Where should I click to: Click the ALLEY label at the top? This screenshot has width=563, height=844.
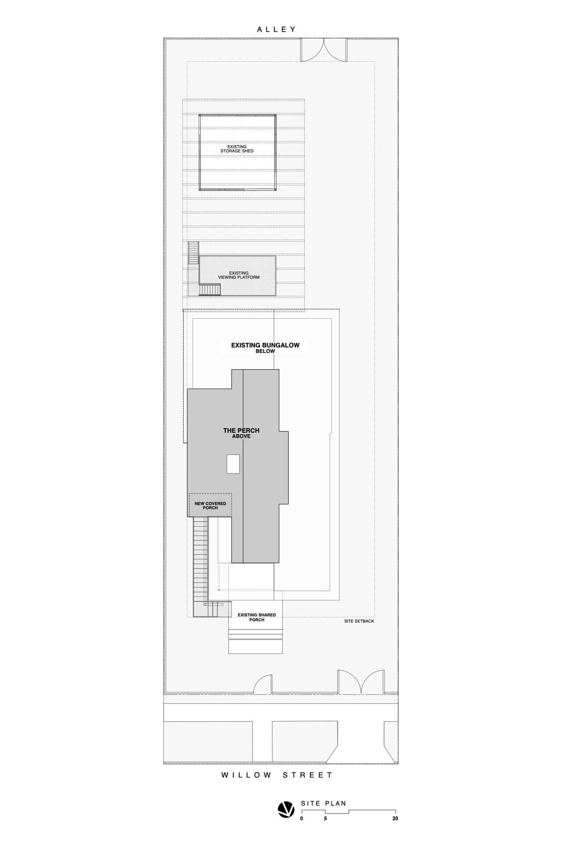[x=276, y=29]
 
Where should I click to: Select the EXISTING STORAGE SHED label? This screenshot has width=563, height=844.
[x=237, y=149]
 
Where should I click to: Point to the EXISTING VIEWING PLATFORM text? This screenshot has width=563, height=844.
[x=239, y=275]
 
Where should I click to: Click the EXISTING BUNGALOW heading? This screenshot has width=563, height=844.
[x=265, y=345]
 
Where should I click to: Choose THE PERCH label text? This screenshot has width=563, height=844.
[x=241, y=430]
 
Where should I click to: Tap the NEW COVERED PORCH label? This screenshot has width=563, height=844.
[x=210, y=506]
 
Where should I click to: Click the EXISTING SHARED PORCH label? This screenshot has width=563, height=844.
[x=257, y=617]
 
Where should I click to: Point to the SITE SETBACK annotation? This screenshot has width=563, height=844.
[x=359, y=621]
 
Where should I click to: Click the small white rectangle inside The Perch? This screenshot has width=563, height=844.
[x=233, y=464]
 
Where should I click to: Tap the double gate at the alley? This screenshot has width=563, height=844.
[x=324, y=50]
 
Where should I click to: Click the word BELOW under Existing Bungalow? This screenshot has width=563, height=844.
[x=265, y=351]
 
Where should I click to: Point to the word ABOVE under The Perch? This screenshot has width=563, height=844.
[x=241, y=436]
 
